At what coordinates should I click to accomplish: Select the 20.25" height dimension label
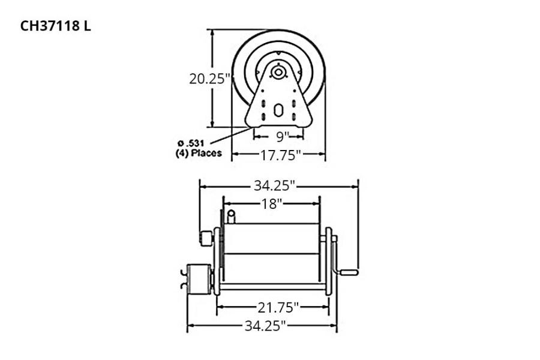pyautogui.click(x=211, y=79)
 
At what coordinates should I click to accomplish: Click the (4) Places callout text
pyautogui.click(x=194, y=153)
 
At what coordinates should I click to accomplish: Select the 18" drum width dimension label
pyautogui.click(x=271, y=203)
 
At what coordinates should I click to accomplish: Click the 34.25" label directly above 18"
pyautogui.click(x=275, y=185)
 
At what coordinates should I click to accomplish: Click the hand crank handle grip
pyautogui.click(x=349, y=272)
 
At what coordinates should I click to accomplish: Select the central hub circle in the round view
pyautogui.click(x=278, y=73)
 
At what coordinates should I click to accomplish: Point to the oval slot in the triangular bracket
pyautogui.click(x=278, y=110)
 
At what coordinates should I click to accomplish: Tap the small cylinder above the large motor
pyautogui.click(x=206, y=238)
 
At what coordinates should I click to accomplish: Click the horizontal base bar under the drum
pyautogui.click(x=273, y=287)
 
